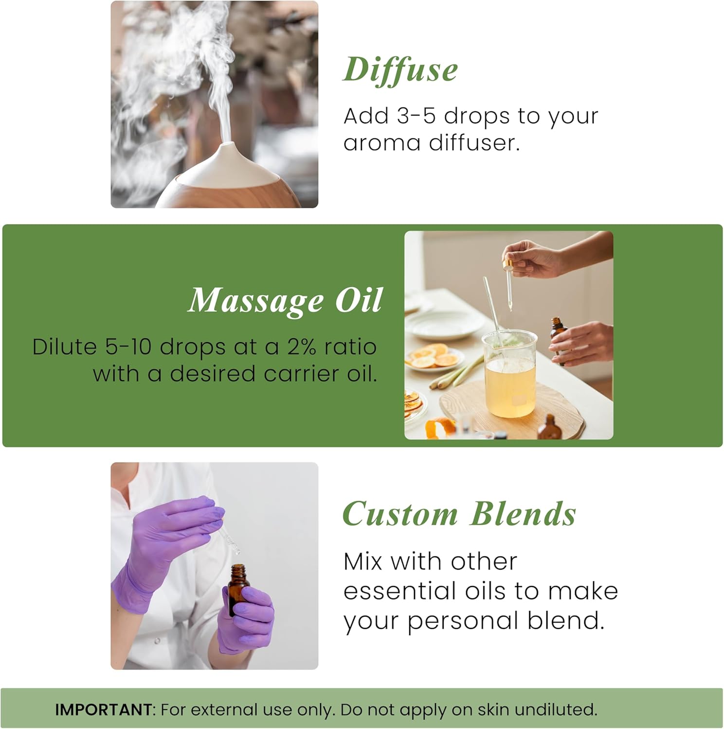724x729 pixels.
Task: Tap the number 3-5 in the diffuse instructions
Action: click(x=416, y=116)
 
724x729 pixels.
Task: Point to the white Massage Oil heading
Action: click(x=285, y=300)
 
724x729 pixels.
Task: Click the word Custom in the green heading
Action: click(x=400, y=514)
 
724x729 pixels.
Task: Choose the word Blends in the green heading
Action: click(x=523, y=514)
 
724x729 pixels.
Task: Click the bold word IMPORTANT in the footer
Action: click(x=104, y=710)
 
